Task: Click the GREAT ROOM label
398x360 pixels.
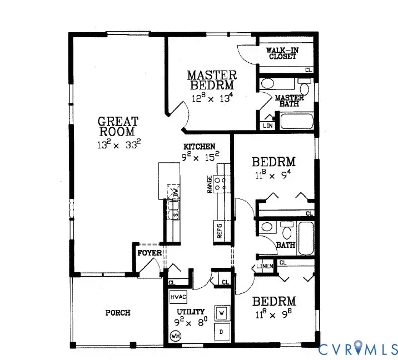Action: pyautogui.click(x=118, y=127)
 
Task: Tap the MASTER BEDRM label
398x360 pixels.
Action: pyautogui.click(x=212, y=80)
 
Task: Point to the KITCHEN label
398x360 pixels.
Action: pyautogui.click(x=199, y=147)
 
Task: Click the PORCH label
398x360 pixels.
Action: pyautogui.click(x=118, y=313)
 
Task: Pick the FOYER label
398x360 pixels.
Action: pyautogui.click(x=150, y=253)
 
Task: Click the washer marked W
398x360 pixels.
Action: pyautogui.click(x=222, y=313)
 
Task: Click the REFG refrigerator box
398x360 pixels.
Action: pyautogui.click(x=220, y=231)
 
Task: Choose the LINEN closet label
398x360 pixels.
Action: pyautogui.click(x=265, y=267)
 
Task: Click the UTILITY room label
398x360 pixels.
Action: pyautogui.click(x=190, y=312)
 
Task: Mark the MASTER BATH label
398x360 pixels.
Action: pyautogui.click(x=290, y=101)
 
